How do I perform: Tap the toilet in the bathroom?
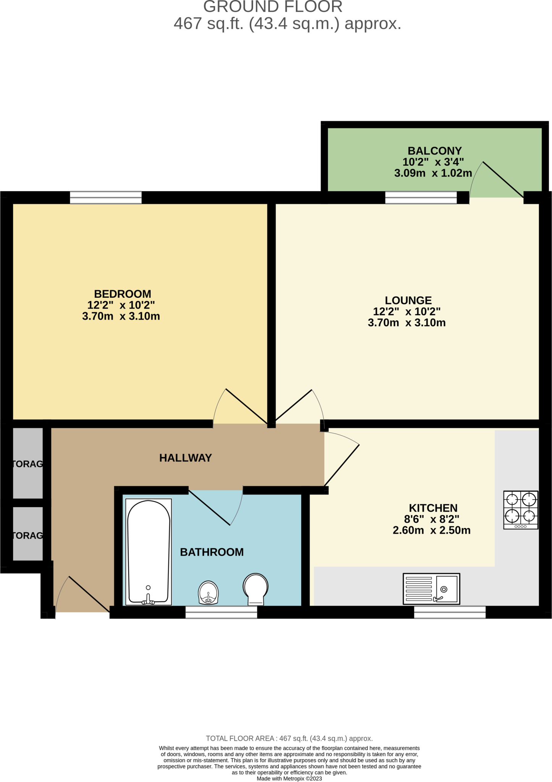point(255,588)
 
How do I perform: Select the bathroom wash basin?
point(208,593)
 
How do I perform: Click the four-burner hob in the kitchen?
point(521,510)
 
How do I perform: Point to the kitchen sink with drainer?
point(431,589)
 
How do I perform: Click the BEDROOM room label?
point(123,294)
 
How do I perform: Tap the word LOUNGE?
point(408,301)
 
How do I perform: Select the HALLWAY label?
point(186,458)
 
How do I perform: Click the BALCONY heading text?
point(434,151)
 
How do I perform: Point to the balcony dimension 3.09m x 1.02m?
point(433,173)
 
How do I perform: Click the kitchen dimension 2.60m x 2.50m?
point(431,530)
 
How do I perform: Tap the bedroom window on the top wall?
point(106,198)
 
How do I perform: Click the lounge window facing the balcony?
point(421,198)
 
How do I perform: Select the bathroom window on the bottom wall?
point(221,612)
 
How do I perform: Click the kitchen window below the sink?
point(450,612)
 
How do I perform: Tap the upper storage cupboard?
point(28,463)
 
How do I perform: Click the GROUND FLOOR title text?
point(273,7)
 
